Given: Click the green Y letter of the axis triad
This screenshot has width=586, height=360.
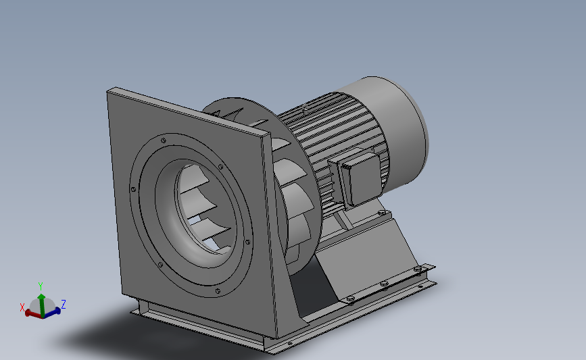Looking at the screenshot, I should [41, 286].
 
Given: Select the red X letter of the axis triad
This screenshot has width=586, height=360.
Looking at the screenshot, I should [22, 307].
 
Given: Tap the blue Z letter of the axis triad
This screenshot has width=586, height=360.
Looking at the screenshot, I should [63, 304].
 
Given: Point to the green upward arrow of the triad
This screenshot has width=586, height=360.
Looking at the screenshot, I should [41, 299].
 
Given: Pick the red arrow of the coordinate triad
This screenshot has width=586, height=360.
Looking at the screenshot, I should [31, 313].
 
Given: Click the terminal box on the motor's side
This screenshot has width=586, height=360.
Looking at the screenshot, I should [362, 177].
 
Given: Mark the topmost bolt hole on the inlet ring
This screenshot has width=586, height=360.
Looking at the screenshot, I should [164, 139].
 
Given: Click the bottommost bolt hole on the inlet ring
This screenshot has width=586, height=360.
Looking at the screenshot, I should [218, 290].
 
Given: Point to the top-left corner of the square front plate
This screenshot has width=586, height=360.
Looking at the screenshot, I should [109, 90].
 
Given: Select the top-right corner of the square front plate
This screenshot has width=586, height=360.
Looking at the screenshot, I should [264, 136].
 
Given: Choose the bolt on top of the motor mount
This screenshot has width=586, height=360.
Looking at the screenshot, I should [383, 213].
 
